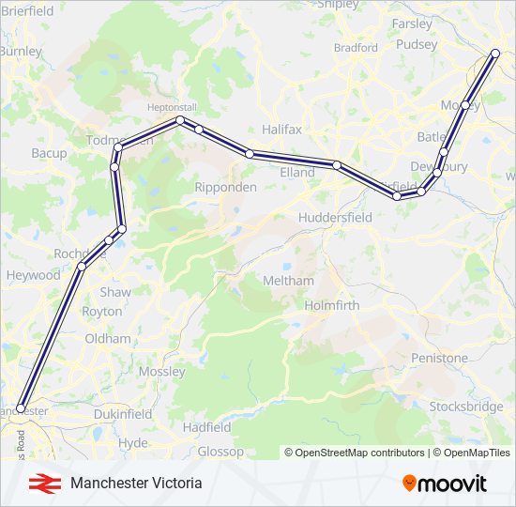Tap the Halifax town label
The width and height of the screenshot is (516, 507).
[x=281, y=130]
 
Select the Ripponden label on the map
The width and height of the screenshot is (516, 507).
[x=225, y=187]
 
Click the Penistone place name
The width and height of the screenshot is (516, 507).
[x=440, y=358]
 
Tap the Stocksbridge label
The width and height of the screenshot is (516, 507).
[x=465, y=407]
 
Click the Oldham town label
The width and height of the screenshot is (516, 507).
[x=108, y=338]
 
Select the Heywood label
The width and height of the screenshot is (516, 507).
[x=34, y=275]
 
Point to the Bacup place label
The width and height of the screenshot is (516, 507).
[x=49, y=152]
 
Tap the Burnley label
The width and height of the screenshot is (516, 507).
[x=22, y=51]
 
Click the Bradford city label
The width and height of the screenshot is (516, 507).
[x=356, y=47]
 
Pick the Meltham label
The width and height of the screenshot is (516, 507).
[x=289, y=281]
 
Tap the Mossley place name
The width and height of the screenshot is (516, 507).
[x=162, y=372]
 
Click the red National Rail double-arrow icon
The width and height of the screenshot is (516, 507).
[x=40, y=483]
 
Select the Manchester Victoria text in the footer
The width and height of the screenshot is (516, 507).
[x=135, y=483]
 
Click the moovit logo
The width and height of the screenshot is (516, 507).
[x=445, y=484]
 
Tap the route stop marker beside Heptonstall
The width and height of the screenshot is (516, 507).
[x=179, y=121]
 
